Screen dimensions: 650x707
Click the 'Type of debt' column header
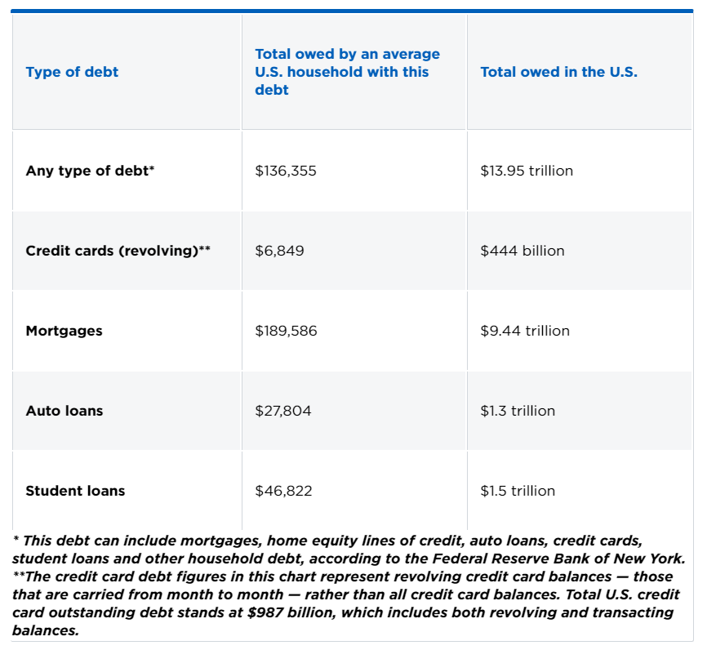click(x=72, y=72)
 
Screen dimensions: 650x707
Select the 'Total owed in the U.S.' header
click(x=558, y=72)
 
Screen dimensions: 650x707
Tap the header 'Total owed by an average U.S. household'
click(x=347, y=72)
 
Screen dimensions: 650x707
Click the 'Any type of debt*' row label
click(x=90, y=171)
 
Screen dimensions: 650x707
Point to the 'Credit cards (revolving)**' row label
click(x=118, y=251)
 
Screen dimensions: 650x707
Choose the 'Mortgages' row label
click(x=64, y=331)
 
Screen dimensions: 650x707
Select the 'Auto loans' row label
click(x=64, y=411)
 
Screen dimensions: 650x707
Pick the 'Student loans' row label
click(x=75, y=491)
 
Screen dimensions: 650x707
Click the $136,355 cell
click(x=286, y=171)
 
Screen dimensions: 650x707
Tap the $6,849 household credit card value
click(x=279, y=251)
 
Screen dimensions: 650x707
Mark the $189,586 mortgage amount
click(x=286, y=331)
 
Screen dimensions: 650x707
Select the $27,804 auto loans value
click(x=283, y=411)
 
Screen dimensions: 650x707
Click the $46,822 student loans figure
click(x=283, y=491)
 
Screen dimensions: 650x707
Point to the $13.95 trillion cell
click(x=527, y=171)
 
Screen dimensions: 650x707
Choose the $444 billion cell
click(x=522, y=251)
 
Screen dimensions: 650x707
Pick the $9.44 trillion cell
click(x=525, y=331)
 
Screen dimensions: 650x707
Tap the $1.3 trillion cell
click(x=518, y=411)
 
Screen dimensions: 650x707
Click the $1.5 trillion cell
click(x=518, y=491)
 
